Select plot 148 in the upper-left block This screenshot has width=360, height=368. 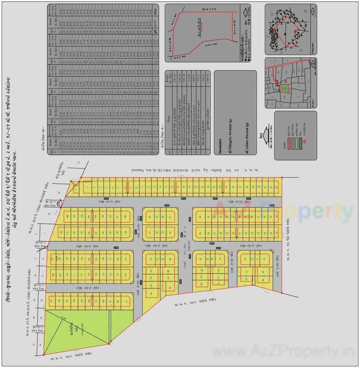pos(67,216)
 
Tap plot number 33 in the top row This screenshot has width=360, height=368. pos(276,187)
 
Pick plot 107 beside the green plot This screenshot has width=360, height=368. pos(52,301)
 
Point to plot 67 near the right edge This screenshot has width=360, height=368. pos(276,233)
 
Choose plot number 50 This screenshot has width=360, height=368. pos(150,217)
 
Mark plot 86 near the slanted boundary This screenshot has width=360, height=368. pos(170,288)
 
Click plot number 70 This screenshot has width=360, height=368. pos(264,259)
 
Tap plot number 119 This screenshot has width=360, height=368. pos(126,259)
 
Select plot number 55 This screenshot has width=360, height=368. pos(200,233)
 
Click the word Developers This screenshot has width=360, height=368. pos(220,146)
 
